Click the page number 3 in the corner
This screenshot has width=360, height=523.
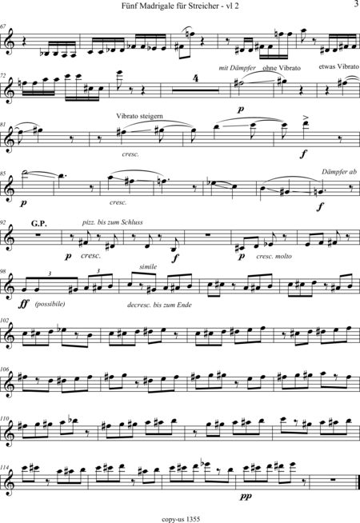(x=355, y=4)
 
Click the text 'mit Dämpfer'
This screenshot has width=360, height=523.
(x=238, y=68)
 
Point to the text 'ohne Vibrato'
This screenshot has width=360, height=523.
(x=282, y=68)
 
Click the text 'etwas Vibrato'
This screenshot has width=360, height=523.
(x=338, y=66)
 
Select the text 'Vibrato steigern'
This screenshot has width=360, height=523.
(x=139, y=116)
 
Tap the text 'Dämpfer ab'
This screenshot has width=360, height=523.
(x=339, y=172)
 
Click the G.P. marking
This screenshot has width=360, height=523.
(x=39, y=223)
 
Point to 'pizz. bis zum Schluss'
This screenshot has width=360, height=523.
(x=113, y=222)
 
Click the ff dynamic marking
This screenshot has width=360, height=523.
(x=23, y=304)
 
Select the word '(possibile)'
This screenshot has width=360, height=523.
(x=50, y=304)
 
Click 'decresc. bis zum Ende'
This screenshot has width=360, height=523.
(x=159, y=305)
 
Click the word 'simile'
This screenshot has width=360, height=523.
(x=148, y=267)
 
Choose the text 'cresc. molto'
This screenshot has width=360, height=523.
(x=274, y=256)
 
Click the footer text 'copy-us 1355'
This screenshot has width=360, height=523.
(x=181, y=519)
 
